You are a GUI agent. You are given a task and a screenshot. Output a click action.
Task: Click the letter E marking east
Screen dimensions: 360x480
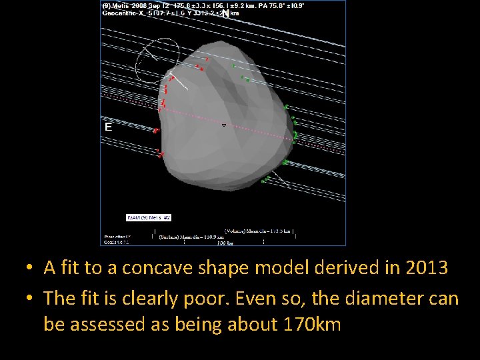pyautogui.click(x=108, y=126)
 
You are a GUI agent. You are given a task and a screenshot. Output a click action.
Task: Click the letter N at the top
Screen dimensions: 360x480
pyautogui.click(x=225, y=13)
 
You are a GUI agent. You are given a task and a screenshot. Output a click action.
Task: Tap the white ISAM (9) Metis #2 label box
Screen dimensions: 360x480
pyautogui.click(x=149, y=217)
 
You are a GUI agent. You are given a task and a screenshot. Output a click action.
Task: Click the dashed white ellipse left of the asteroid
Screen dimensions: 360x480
pyautogui.click(x=157, y=59)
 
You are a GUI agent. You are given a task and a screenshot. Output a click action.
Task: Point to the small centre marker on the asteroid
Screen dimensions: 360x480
pyautogui.click(x=223, y=124)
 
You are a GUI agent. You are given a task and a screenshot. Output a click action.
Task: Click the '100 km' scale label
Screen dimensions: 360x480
pyautogui.click(x=225, y=243)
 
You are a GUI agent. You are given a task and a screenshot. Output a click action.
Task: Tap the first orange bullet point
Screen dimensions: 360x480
pyautogui.click(x=29, y=269)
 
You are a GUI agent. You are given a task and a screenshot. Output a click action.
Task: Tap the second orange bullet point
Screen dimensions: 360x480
pyautogui.click(x=29, y=299)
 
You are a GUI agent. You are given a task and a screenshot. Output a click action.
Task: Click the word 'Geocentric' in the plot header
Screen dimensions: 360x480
pyautogui.click(x=118, y=13)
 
